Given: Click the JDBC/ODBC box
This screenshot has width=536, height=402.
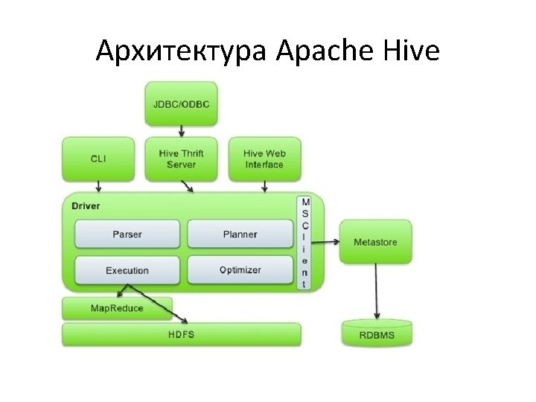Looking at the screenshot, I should tap(181, 103).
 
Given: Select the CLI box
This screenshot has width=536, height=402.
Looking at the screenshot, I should tap(98, 159).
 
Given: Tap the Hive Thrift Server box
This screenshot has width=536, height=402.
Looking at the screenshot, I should tap(181, 159).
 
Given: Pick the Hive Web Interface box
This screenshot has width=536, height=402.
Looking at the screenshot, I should tap(264, 159).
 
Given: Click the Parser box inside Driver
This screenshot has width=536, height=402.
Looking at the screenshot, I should tap(127, 234).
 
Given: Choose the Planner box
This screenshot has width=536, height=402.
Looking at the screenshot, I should tap(240, 234).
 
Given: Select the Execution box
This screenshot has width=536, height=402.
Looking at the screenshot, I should tap(127, 270).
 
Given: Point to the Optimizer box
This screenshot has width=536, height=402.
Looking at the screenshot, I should tap(240, 269).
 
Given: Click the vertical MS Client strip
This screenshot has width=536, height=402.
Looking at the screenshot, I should tap(305, 242).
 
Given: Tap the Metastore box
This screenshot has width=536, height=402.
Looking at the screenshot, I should tap(375, 242).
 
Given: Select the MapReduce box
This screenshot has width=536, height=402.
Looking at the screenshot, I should tap(118, 307).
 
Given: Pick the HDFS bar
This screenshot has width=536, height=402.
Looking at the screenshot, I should tap(181, 334).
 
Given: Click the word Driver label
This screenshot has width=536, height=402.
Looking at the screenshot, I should tap(86, 205).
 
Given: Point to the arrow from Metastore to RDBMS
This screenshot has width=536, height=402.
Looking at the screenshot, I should tap(376, 290).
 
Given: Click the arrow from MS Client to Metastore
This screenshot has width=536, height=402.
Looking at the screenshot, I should tap(326, 242).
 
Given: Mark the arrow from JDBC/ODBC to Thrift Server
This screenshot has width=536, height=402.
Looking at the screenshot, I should tap(181, 130).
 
